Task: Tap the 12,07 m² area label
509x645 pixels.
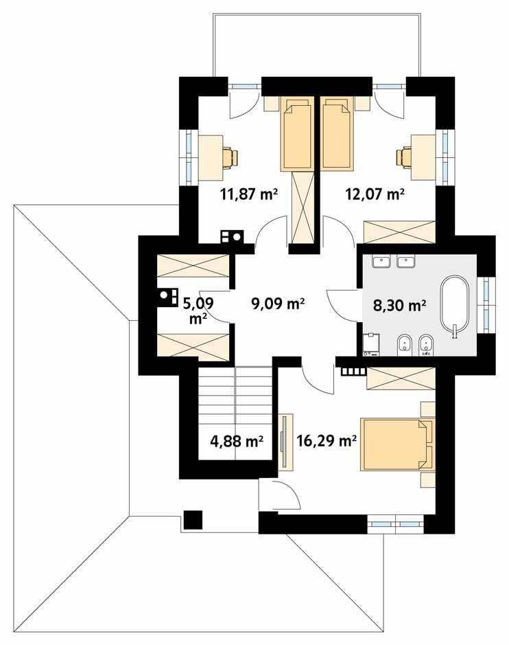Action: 373,194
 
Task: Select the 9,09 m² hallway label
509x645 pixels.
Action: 279,304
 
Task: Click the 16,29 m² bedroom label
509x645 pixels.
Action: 327,440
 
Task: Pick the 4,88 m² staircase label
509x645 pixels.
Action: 237,441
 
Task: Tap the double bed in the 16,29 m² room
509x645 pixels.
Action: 396,444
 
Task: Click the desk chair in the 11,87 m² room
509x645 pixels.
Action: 229,157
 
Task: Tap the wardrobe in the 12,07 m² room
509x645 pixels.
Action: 400,231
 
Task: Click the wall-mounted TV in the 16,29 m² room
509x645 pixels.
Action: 283,442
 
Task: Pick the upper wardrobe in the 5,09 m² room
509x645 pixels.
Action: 193,266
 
